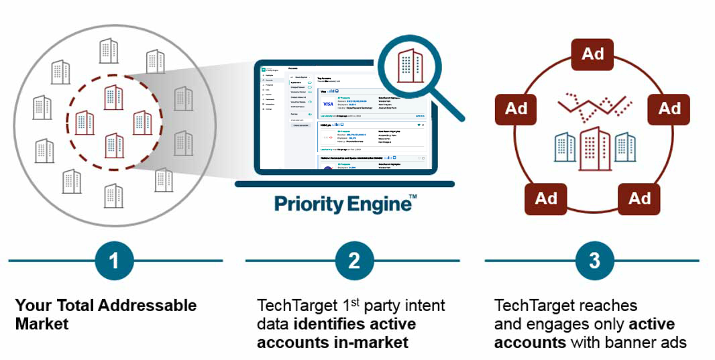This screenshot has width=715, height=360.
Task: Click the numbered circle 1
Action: (114, 260)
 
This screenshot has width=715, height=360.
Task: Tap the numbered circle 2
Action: (354, 260)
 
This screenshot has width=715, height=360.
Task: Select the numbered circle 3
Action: (594, 260)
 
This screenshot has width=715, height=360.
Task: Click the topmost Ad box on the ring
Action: (592, 54)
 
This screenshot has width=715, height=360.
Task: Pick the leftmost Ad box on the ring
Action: (516, 109)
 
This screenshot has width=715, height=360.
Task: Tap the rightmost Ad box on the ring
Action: (669, 109)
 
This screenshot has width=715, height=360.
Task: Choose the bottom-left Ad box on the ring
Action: (546, 198)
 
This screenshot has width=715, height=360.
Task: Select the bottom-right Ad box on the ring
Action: (639, 198)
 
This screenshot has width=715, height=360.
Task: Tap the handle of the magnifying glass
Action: (451, 107)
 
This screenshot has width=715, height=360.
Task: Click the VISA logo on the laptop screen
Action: (328, 105)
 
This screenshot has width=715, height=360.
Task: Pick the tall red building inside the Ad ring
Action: (594, 147)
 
